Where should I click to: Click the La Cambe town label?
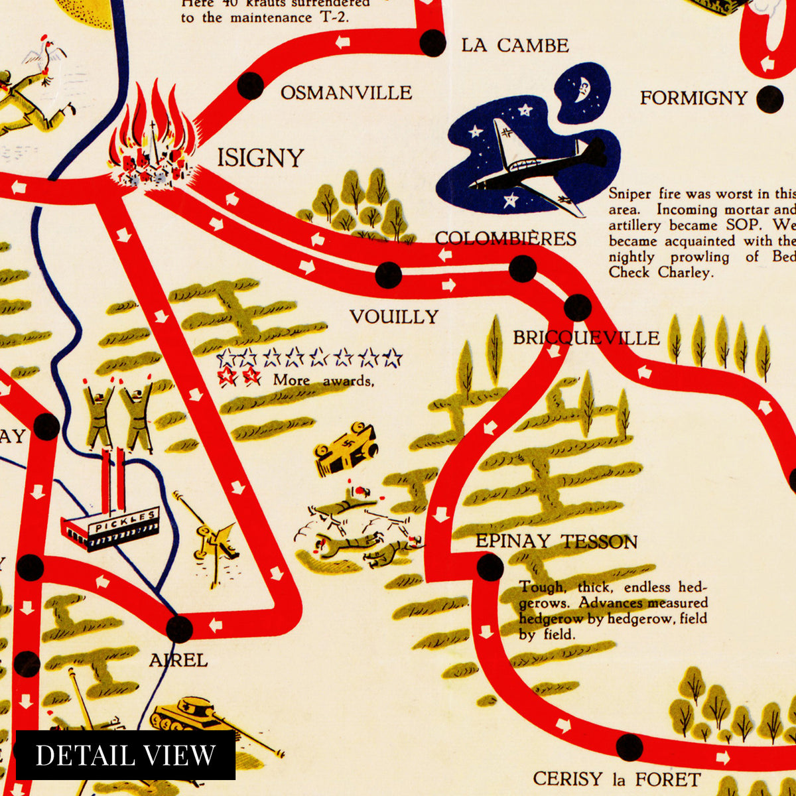(515, 45)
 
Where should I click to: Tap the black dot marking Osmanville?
(251, 86)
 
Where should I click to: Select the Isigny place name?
(261, 158)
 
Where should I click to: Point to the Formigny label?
(693, 98)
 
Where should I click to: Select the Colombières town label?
(505, 239)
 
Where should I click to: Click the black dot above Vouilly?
(389, 275)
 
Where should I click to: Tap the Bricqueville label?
(586, 338)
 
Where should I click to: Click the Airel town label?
(178, 660)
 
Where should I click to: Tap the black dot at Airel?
(179, 628)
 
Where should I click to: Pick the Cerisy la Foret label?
(616, 779)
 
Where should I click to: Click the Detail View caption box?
(125, 755)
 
